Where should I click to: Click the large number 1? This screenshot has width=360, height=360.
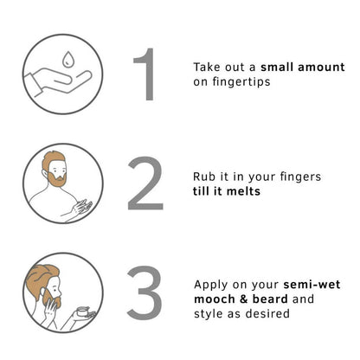point(145,74)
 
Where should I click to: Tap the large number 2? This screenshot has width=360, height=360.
point(145,183)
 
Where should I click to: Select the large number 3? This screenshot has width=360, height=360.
point(145,292)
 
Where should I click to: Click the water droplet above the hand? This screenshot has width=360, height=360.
point(67,60)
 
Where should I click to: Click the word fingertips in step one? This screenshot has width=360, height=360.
point(241,82)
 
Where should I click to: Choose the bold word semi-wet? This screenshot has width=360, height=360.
point(312,285)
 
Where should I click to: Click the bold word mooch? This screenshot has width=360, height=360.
point(215,299)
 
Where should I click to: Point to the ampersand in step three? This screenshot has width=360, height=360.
point(244,299)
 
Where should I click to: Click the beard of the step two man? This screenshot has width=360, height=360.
point(57,179)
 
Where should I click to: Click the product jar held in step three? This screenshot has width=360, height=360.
point(84,312)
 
